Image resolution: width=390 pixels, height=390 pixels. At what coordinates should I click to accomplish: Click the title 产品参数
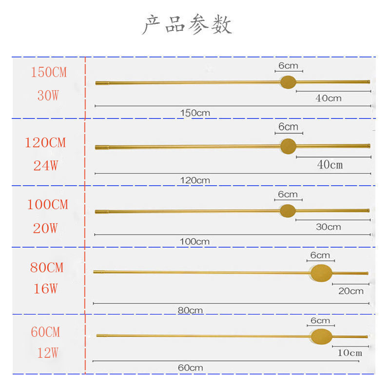coord(187,25)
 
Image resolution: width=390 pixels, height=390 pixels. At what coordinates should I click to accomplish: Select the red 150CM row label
coord(49,73)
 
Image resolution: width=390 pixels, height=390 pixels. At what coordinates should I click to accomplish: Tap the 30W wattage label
coord(48,96)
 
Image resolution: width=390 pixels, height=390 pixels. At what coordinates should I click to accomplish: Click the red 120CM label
coord(45,143)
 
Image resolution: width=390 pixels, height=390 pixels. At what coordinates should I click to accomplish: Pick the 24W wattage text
coord(46,166)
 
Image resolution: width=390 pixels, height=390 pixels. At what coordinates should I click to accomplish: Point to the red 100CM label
coord(47,205)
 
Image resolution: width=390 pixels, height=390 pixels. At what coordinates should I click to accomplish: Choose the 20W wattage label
coord(46,228)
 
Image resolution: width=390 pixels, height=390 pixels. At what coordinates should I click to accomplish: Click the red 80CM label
coord(47,268)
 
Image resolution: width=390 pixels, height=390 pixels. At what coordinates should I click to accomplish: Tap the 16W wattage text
coord(46,289)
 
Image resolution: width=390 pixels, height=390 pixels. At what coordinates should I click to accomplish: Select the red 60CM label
coord(45,332)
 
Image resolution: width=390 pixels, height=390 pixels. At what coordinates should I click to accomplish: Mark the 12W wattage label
coord(48,352)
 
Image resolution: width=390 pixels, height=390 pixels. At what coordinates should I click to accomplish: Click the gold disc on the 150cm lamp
coord(288,82)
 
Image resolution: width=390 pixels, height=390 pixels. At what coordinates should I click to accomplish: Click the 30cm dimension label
coord(328,227)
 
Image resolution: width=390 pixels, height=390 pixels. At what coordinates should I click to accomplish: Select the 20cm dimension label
coord(351,291)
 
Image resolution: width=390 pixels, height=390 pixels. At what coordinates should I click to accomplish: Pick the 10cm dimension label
coord(350,352)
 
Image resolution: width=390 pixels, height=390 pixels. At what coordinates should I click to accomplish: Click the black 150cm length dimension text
coord(195,113)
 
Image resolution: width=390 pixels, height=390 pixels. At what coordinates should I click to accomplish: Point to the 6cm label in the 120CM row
coord(288,127)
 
